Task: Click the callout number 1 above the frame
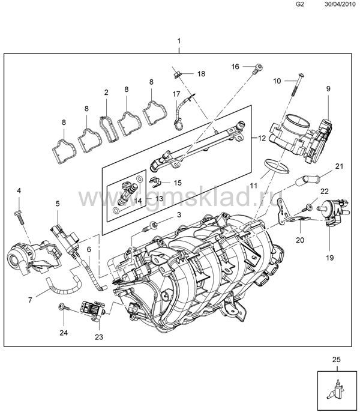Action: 179,41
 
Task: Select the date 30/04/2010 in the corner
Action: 340,4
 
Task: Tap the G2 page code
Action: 299,4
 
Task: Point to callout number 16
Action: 235,67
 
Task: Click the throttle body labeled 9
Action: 301,138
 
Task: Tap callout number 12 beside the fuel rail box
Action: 262,138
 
